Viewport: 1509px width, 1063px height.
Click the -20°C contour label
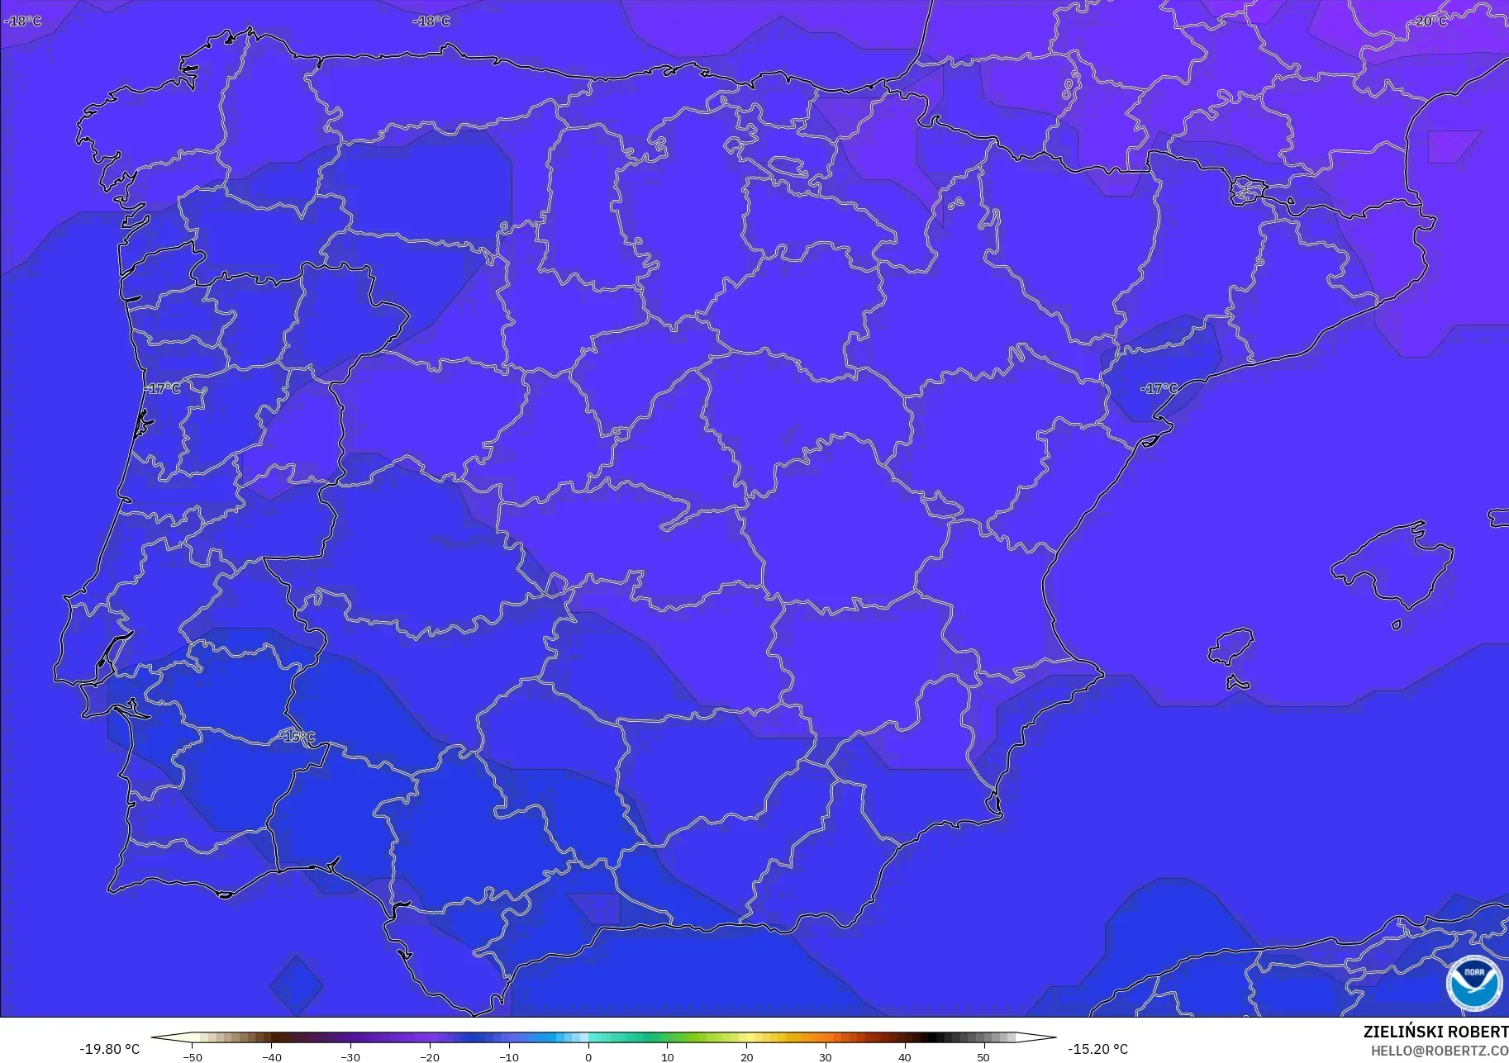[1430, 21]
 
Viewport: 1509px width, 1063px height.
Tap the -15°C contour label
[297, 737]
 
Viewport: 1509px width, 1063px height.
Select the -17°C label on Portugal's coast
[163, 388]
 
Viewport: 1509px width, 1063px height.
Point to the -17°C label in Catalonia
[1159, 388]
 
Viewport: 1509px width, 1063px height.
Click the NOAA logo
[1473, 983]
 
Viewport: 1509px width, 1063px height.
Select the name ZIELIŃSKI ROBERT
[1435, 1032]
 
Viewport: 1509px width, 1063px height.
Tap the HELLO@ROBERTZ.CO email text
[1439, 1051]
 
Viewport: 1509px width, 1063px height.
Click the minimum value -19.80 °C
[109, 1049]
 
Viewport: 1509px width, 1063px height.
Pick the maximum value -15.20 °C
[1097, 1049]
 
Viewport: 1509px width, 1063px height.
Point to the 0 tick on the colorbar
[588, 1056]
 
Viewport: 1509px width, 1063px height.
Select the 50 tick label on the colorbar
[983, 1056]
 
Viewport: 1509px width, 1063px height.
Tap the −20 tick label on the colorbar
[430, 1056]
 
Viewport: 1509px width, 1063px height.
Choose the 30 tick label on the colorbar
[826, 1056]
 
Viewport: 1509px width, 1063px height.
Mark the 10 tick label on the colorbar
[668, 1056]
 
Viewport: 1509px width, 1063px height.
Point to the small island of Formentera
[1237, 682]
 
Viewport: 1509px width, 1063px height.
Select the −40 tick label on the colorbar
[271, 1056]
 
